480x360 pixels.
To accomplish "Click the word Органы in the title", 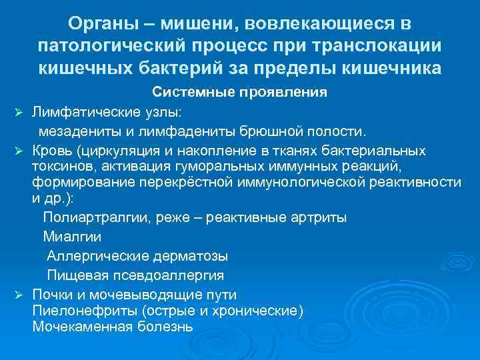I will [105, 24].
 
